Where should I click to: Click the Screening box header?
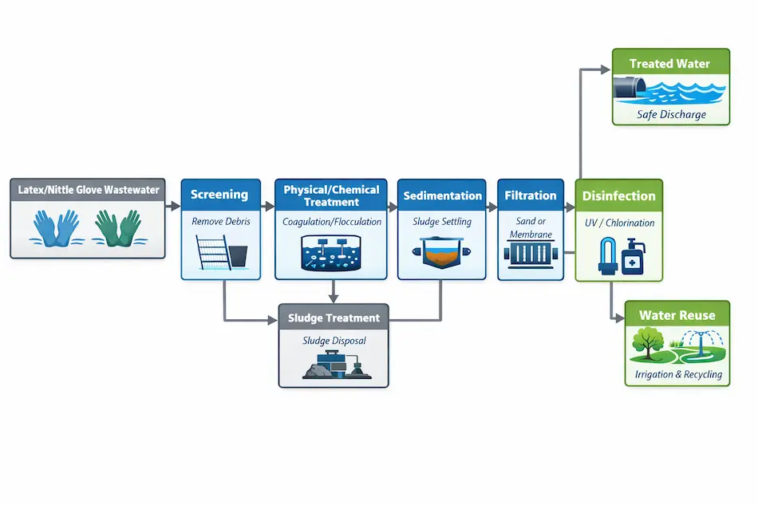(220, 195)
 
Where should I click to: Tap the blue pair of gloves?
(57, 227)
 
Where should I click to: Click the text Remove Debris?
(220, 222)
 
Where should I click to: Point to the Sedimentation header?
(442, 195)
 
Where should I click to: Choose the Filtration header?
(531, 195)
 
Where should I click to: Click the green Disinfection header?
(618, 196)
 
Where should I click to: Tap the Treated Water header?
(670, 64)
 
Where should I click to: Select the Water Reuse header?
(677, 315)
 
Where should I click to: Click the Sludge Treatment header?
(334, 318)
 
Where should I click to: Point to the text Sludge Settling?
(443, 222)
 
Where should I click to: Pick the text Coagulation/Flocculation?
(332, 222)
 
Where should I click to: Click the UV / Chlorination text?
(619, 223)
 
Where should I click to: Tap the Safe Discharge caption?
(671, 115)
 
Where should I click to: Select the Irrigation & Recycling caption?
(677, 374)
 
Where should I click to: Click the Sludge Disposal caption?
(334, 341)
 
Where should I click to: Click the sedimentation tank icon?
(441, 255)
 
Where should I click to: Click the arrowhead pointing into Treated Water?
(606, 70)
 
